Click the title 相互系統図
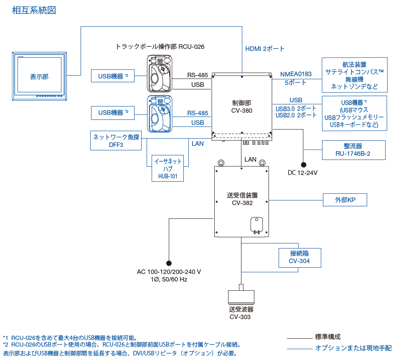pyautogui.click(x=34, y=10)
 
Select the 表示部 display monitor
pyautogui.click(x=39, y=76)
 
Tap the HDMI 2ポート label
pyautogui.click(x=264, y=49)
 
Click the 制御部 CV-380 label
pyautogui.click(x=241, y=106)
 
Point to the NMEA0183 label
pyautogui.click(x=296, y=74)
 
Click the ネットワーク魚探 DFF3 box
pyautogui.click(x=116, y=141)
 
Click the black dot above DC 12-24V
pyautogui.click(x=303, y=165)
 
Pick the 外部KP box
pyautogui.click(x=345, y=200)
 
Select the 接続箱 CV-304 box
pyautogui.click(x=300, y=257)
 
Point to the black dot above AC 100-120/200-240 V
pyautogui.click(x=169, y=263)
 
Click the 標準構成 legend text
pyautogui.click(x=327, y=337)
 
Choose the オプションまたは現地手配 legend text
pyautogui.click(x=353, y=348)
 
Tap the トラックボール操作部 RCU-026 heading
pyautogui.click(x=160, y=46)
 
